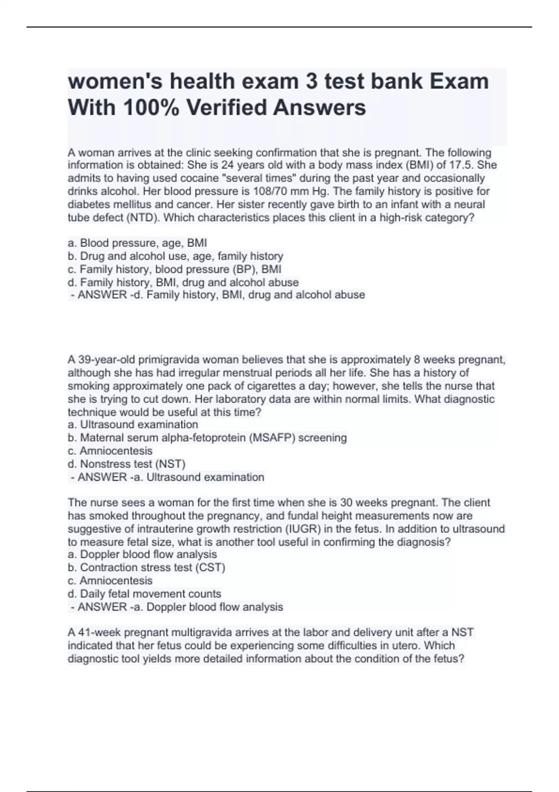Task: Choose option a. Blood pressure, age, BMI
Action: click(x=137, y=243)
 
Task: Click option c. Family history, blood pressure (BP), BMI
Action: click(x=174, y=269)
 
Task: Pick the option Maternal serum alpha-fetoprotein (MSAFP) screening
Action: click(x=213, y=437)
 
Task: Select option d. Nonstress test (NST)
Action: click(x=126, y=464)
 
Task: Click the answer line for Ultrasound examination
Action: click(x=167, y=477)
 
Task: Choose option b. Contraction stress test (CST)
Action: click(x=146, y=567)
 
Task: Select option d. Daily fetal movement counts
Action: click(x=144, y=594)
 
